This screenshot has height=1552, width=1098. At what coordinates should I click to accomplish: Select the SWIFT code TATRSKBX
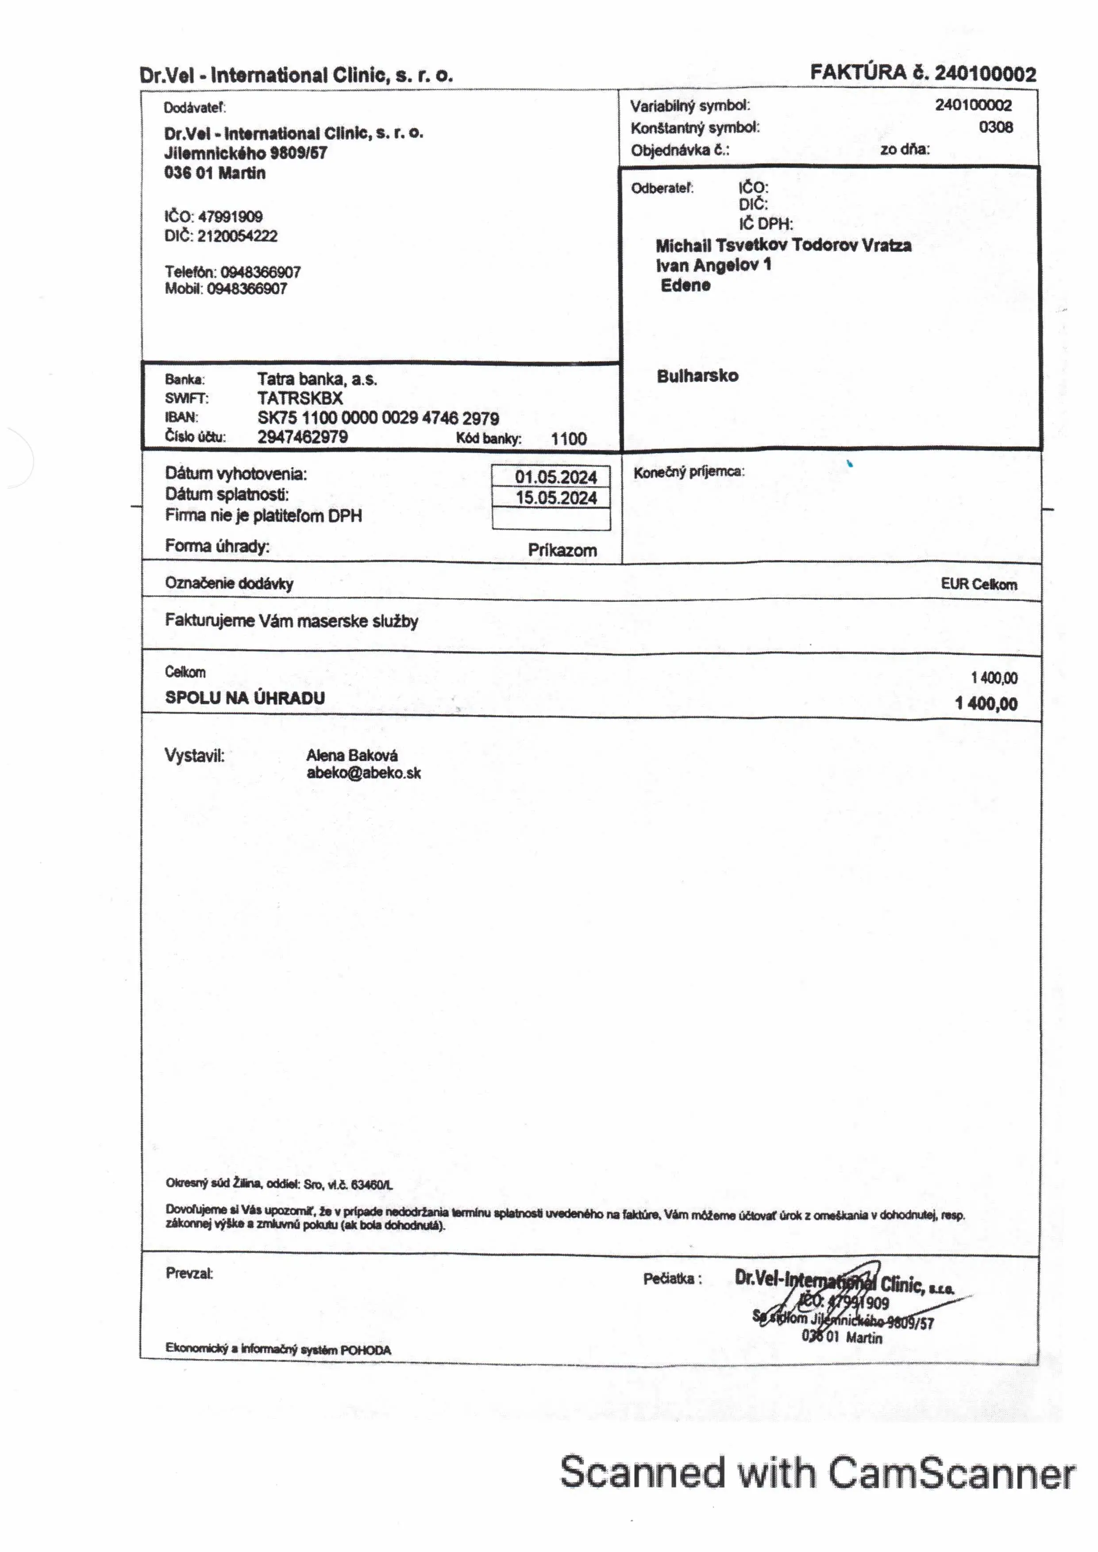pyautogui.click(x=300, y=398)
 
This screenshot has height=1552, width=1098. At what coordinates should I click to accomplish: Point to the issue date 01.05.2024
pyautogui.click(x=556, y=477)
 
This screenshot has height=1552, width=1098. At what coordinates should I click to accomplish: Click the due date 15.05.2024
pyautogui.click(x=556, y=498)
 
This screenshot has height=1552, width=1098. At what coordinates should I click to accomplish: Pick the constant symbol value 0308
pyautogui.click(x=995, y=127)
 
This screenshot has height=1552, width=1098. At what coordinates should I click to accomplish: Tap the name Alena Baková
pyautogui.click(x=351, y=755)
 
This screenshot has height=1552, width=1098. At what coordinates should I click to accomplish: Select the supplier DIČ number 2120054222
pyautogui.click(x=237, y=236)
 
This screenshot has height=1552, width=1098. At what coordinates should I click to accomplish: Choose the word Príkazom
pyautogui.click(x=562, y=550)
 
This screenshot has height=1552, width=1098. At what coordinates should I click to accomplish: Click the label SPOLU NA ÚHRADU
pyautogui.click(x=245, y=698)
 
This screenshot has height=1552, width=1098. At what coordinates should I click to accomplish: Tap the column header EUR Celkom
pyautogui.click(x=979, y=584)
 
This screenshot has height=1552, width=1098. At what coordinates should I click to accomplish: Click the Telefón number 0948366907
pyautogui.click(x=260, y=273)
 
